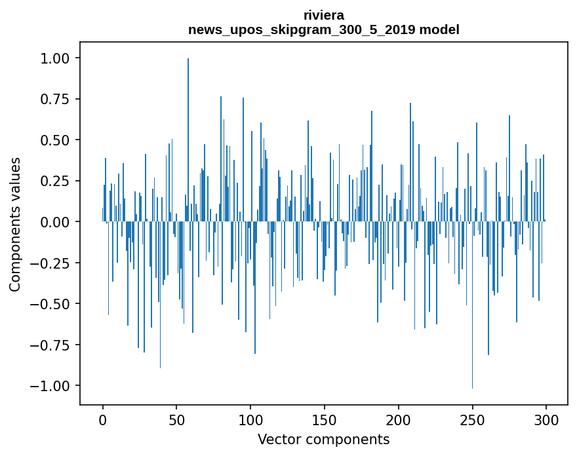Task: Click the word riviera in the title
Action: (x=323, y=15)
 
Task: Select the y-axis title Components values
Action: (x=15, y=224)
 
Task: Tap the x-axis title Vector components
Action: (x=323, y=440)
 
